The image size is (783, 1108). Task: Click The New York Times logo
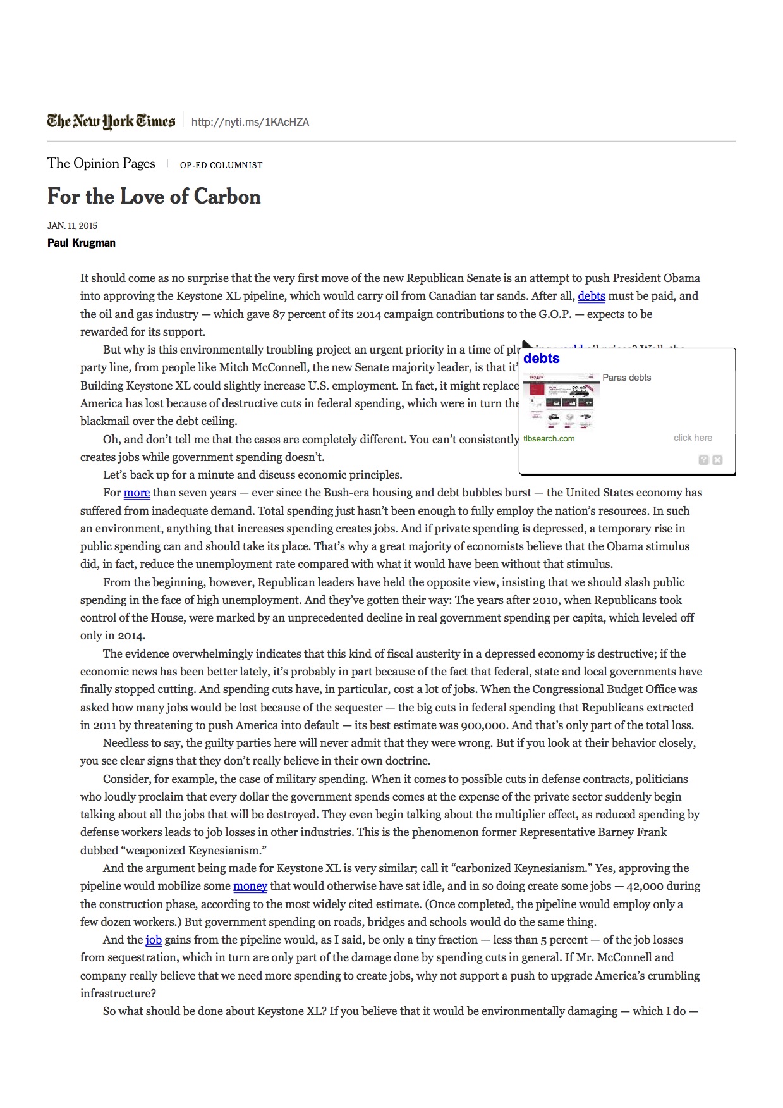click(x=111, y=121)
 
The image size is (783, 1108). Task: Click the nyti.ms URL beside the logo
click(x=250, y=122)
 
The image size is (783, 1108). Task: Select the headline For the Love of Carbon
click(x=154, y=196)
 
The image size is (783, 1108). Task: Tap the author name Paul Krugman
click(x=82, y=243)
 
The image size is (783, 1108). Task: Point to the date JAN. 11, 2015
click(x=72, y=226)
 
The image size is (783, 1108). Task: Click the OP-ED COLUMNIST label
click(x=221, y=165)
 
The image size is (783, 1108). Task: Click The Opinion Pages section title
click(x=101, y=163)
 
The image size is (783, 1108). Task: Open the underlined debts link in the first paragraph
click(x=591, y=296)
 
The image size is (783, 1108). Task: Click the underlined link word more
click(x=137, y=493)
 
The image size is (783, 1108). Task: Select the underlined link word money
click(x=250, y=886)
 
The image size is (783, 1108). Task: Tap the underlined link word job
click(x=154, y=940)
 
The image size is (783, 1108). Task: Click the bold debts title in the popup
click(x=542, y=359)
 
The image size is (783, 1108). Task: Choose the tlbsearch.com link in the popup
click(x=549, y=438)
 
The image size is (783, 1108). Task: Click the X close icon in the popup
click(x=717, y=460)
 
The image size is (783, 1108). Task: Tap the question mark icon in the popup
click(x=703, y=460)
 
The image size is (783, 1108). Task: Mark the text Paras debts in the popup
click(x=626, y=378)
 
